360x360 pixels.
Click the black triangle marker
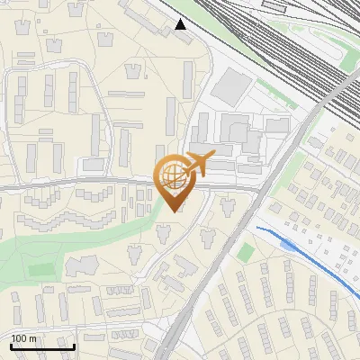(182, 23)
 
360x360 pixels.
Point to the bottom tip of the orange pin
(174, 211)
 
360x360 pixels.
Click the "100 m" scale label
(24, 338)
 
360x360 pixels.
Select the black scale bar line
(42, 346)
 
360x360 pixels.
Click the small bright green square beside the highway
(245, 253)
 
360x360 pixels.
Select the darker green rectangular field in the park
(40, 269)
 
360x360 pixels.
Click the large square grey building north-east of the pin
(233, 85)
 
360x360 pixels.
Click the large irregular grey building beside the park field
(82, 266)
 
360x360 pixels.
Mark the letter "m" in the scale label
(32, 338)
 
